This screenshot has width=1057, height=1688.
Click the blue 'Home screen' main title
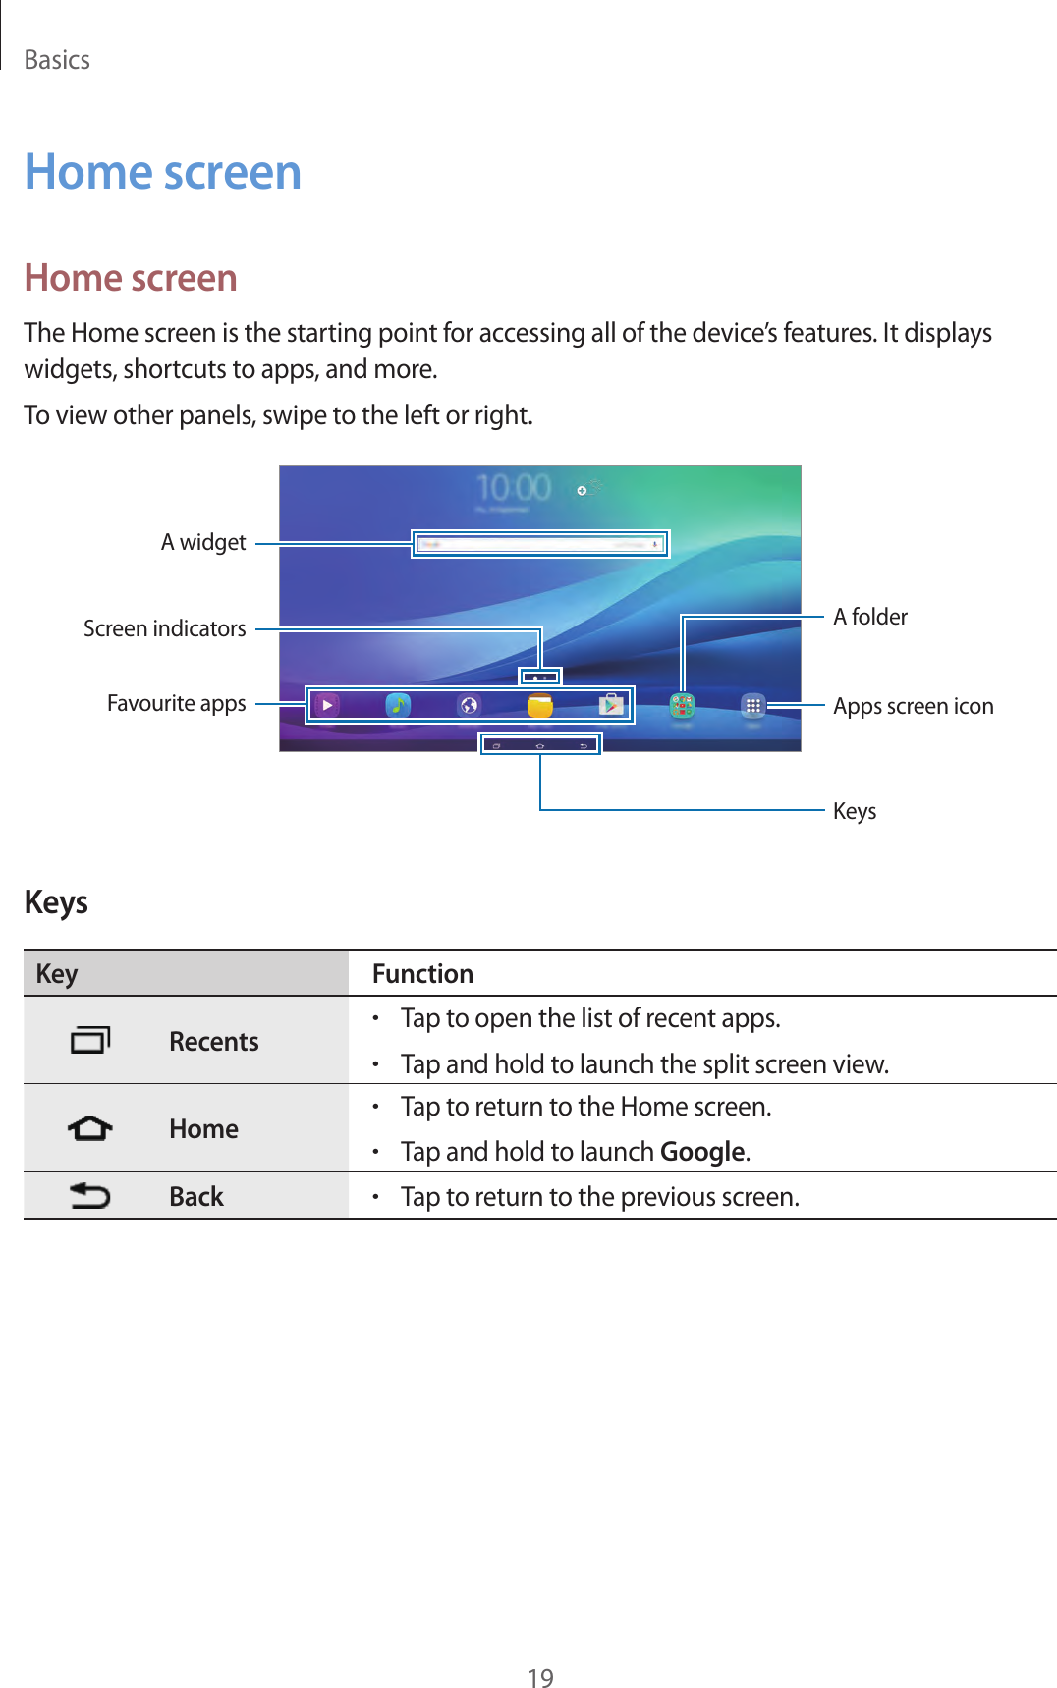163,173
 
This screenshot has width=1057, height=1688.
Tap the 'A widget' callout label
203,543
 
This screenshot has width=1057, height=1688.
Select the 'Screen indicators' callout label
164,628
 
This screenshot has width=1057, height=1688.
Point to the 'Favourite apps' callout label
176,704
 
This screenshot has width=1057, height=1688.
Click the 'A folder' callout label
870,617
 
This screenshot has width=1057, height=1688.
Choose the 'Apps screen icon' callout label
913,707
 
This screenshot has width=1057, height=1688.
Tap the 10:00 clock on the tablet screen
513,487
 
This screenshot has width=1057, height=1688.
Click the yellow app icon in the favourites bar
540,705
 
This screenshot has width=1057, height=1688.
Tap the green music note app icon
398,705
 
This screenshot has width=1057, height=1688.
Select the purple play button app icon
327,705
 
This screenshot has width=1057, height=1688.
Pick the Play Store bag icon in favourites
611,705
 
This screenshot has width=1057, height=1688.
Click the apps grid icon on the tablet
753,705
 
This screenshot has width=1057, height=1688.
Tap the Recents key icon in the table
90,1040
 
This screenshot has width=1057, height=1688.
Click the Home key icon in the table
90,1129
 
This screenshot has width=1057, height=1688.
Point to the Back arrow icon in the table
90,1196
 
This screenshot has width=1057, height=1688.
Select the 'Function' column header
422,974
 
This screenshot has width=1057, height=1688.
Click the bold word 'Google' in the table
702,1152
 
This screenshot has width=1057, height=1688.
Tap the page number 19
540,1678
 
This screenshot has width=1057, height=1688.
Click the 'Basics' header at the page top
57,61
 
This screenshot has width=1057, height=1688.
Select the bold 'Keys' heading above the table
56,902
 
